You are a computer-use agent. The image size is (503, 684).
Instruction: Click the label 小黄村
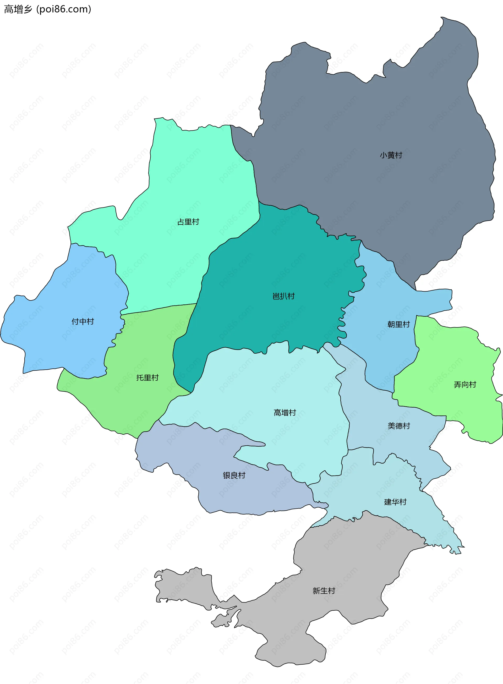391,155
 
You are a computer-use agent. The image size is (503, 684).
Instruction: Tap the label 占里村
188,222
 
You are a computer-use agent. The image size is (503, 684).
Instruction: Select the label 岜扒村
283,296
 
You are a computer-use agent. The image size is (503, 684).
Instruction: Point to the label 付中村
83,321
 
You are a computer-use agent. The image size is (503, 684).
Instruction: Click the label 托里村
147,378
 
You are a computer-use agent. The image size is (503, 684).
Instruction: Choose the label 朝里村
398,325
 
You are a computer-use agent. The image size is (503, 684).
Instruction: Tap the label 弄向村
465,385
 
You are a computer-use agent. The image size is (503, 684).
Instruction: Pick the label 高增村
285,413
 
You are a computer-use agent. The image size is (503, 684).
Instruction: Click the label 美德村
398,426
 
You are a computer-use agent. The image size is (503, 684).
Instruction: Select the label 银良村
234,475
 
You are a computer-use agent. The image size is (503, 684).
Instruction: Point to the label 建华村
395,502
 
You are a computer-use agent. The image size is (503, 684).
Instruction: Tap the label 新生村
324,591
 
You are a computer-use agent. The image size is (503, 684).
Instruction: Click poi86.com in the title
64,9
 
